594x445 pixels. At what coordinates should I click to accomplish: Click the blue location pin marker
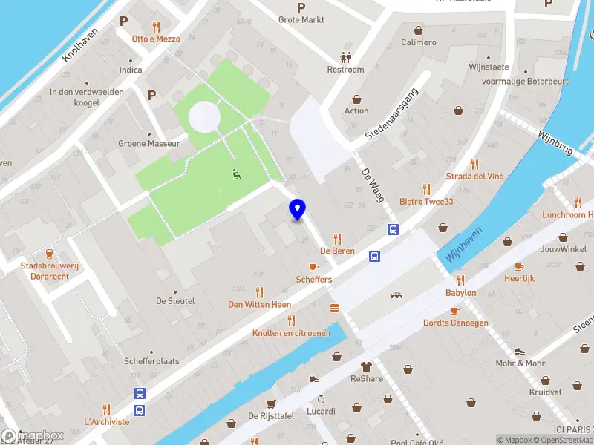tap(298, 210)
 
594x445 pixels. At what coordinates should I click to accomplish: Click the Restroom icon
tap(346, 56)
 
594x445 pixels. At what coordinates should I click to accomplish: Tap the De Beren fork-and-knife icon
tap(338, 239)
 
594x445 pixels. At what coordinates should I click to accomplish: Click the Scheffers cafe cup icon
tap(313, 267)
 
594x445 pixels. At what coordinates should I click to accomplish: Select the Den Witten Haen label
tap(259, 304)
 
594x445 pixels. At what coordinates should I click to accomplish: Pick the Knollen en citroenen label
tap(291, 333)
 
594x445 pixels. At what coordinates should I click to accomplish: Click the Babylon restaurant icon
tap(460, 280)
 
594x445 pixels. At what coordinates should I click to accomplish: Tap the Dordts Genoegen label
tap(455, 323)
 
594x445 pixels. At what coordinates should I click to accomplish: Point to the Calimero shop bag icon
tap(419, 30)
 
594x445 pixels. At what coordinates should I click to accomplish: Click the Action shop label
tap(356, 111)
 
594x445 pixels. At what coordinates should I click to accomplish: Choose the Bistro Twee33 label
tap(425, 202)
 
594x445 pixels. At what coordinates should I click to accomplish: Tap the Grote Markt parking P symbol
tap(301, 7)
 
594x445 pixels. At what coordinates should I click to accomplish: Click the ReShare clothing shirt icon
tap(366, 366)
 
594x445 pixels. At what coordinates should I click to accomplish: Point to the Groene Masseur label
tap(149, 143)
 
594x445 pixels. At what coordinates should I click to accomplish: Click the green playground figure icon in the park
tap(237, 175)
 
